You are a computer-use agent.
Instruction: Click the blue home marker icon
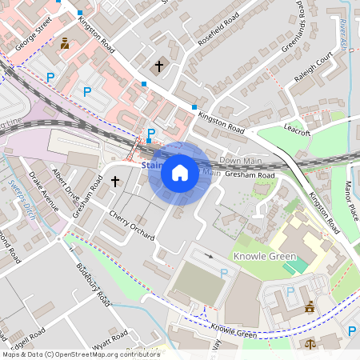coord(180,173)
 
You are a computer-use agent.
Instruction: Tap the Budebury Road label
coord(93,284)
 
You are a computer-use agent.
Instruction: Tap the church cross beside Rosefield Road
coord(158,66)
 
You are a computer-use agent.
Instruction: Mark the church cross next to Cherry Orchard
coord(114,182)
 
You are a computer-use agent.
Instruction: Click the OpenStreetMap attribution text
coord(81,354)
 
